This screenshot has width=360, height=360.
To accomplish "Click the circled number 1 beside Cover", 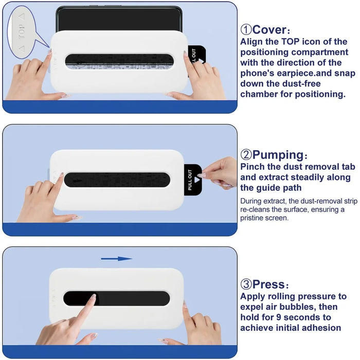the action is click(246, 30).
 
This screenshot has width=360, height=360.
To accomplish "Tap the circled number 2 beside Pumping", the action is click(246, 155).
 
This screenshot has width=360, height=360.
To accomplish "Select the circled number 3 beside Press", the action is click(246, 284).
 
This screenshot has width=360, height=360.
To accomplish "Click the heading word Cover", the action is click(269, 30).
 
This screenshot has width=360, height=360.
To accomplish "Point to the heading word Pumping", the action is click(278, 155).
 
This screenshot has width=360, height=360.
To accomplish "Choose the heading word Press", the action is click(268, 284).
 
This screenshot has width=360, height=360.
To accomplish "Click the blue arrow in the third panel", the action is click(117, 259).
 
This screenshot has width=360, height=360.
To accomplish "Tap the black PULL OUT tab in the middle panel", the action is click(193, 180).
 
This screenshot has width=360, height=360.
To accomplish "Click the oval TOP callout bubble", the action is click(22, 32).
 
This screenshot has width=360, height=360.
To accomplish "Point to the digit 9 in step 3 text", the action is click(279, 317).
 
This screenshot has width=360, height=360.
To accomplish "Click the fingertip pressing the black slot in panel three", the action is click(93, 297).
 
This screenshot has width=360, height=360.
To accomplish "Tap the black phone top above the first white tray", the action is click(119, 19).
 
